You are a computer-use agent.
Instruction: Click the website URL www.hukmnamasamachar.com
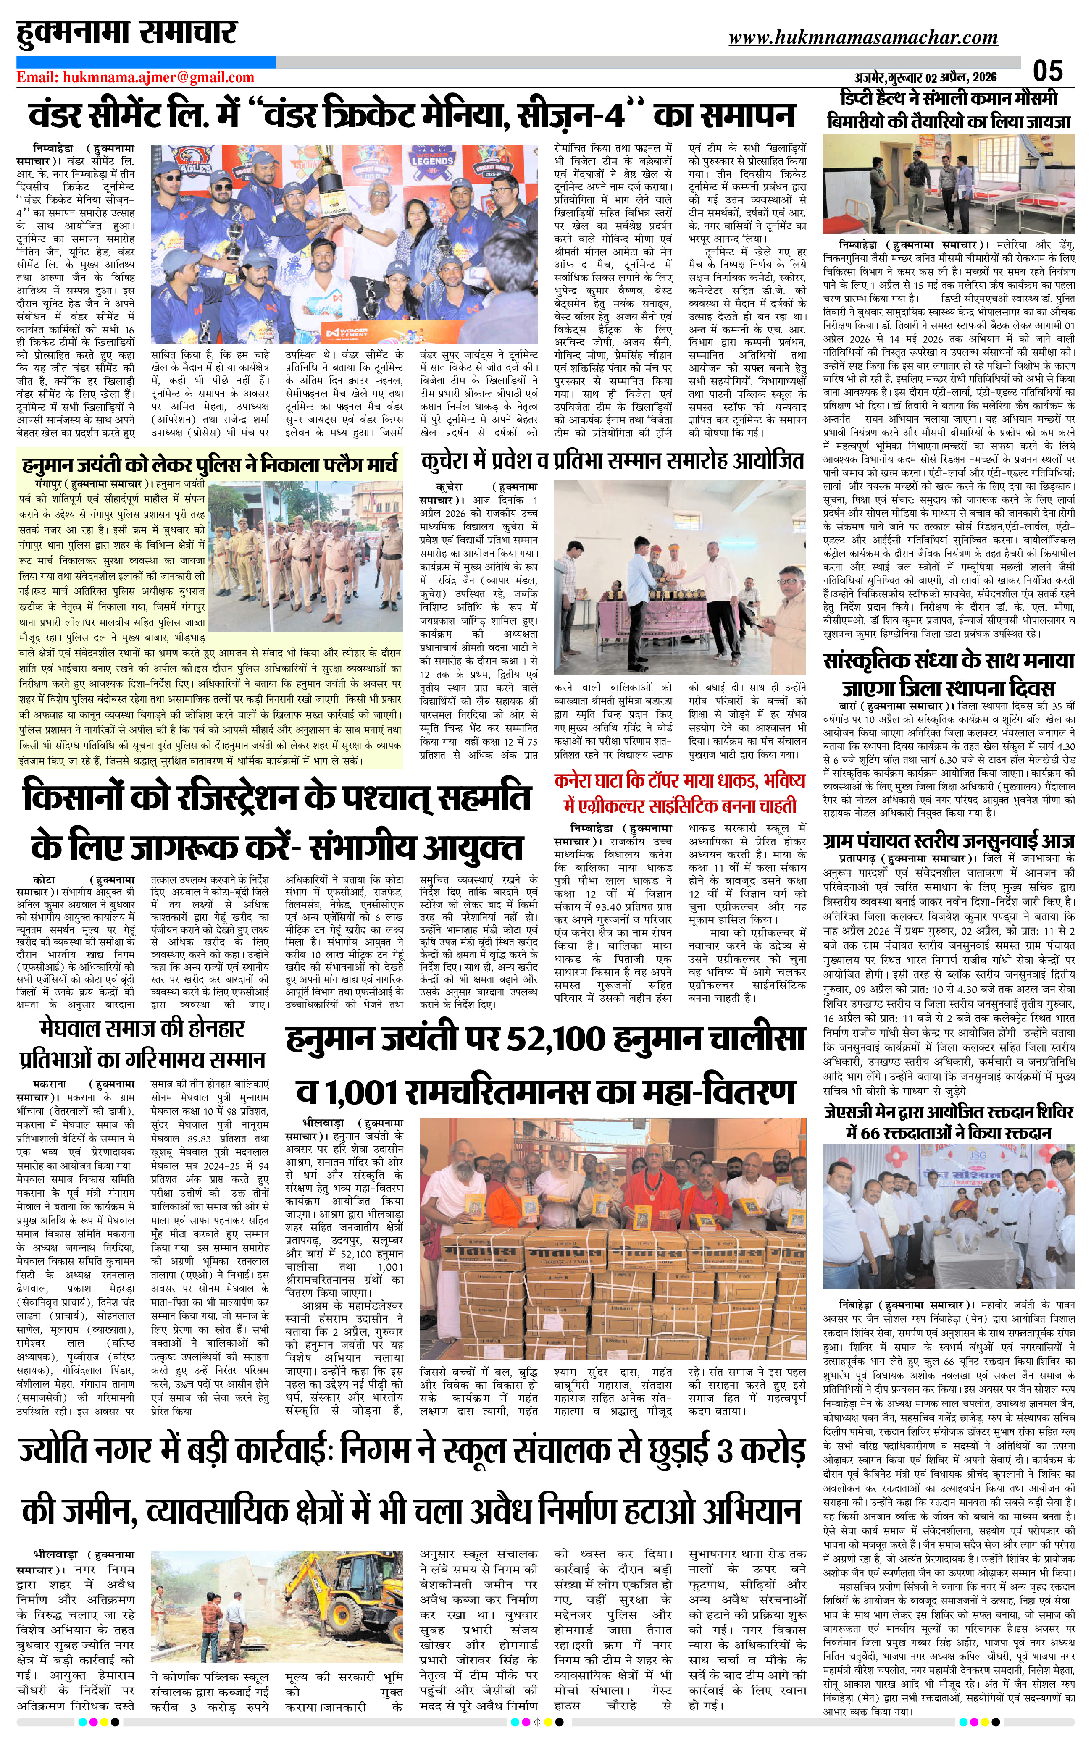tap(863, 37)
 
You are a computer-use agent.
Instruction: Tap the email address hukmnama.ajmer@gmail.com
tap(136, 77)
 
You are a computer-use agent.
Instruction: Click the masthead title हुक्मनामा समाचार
tap(127, 32)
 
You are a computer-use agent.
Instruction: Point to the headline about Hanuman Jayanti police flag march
tap(209, 463)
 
